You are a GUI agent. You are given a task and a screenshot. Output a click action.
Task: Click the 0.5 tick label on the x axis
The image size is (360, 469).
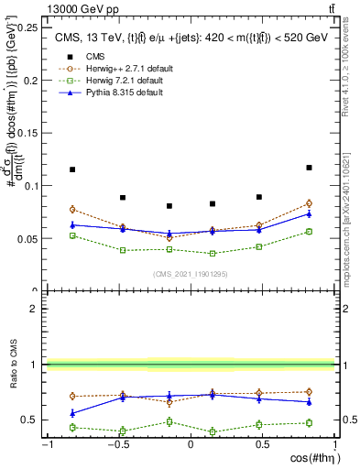point(262,444)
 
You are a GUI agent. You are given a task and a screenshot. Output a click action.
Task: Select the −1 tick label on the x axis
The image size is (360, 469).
point(46,444)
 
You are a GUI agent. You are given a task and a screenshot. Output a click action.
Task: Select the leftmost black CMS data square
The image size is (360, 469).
point(72,169)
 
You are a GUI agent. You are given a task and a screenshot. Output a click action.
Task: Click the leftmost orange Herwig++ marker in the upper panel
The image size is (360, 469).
point(72,210)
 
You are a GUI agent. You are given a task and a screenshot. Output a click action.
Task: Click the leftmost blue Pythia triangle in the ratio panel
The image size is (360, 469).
point(72,413)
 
